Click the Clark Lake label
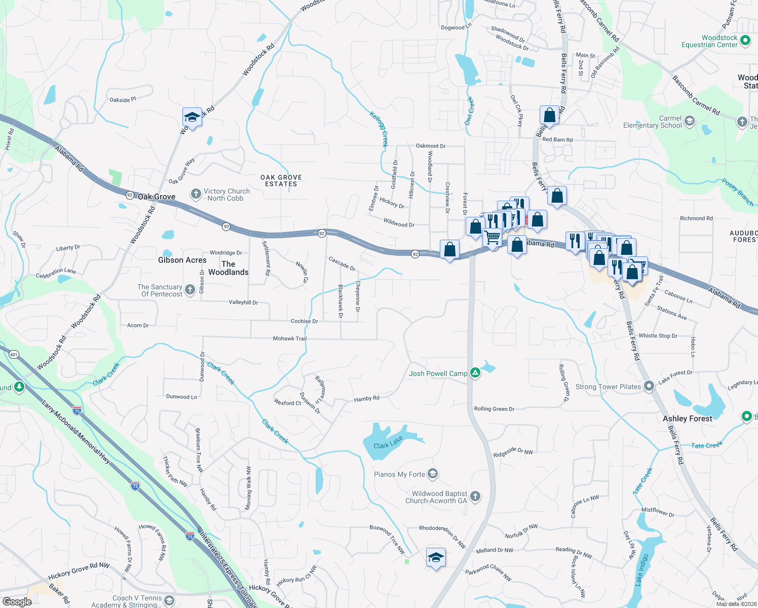pyautogui.click(x=388, y=442)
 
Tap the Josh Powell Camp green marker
pyautogui.click(x=475, y=373)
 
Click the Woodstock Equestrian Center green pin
pyautogui.click(x=745, y=41)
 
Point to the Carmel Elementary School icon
pyautogui.click(x=689, y=121)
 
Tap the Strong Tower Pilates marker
pyautogui.click(x=649, y=387)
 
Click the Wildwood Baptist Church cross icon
pyautogui.click(x=475, y=497)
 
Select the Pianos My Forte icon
pyautogui.click(x=432, y=474)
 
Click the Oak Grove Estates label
pyautogui.click(x=281, y=181)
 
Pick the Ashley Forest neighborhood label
pyautogui.click(x=687, y=419)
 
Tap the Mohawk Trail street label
pyautogui.click(x=290, y=338)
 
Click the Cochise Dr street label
pyautogui.click(x=304, y=321)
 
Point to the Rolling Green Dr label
pyautogui.click(x=494, y=409)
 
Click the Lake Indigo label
pyautogui.click(x=642, y=570)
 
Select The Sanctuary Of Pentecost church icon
pyautogui.click(x=189, y=290)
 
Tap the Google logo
pyautogui.click(x=17, y=601)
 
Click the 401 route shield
pyautogui.click(x=14, y=355)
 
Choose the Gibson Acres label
pyautogui.click(x=182, y=260)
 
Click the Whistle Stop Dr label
pyautogui.click(x=658, y=335)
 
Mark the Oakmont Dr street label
pyautogui.click(x=431, y=146)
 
